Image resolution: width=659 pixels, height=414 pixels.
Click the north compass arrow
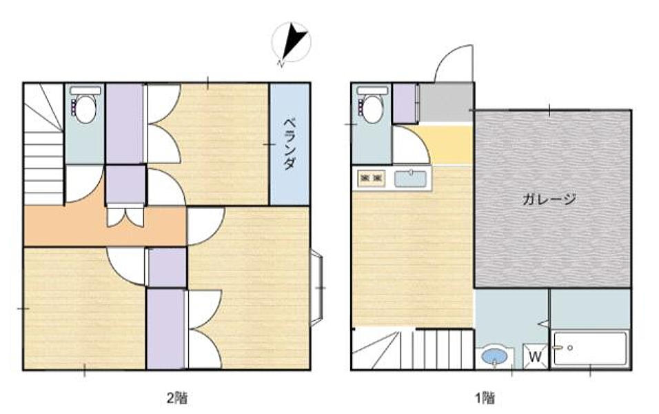click(294, 43)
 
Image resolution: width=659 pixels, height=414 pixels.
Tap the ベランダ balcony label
click(289, 144)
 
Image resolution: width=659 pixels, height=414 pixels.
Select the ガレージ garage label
click(549, 199)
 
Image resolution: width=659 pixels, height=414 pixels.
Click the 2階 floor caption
click(176, 397)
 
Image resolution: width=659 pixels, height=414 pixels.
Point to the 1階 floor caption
click(485, 397)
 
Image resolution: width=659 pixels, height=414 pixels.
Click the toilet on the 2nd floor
click(85, 105)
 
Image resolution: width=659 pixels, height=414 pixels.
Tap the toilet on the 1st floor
click(372, 104)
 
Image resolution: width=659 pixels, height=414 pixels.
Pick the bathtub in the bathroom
click(590, 348)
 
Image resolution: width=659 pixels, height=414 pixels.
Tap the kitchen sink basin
click(411, 179)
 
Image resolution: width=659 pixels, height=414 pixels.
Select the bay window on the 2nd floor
click(317, 287)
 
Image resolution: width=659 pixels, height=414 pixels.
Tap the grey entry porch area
click(446, 102)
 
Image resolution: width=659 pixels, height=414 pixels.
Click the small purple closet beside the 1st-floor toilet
click(405, 103)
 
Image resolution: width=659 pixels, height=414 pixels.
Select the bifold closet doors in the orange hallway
click(125, 215)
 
